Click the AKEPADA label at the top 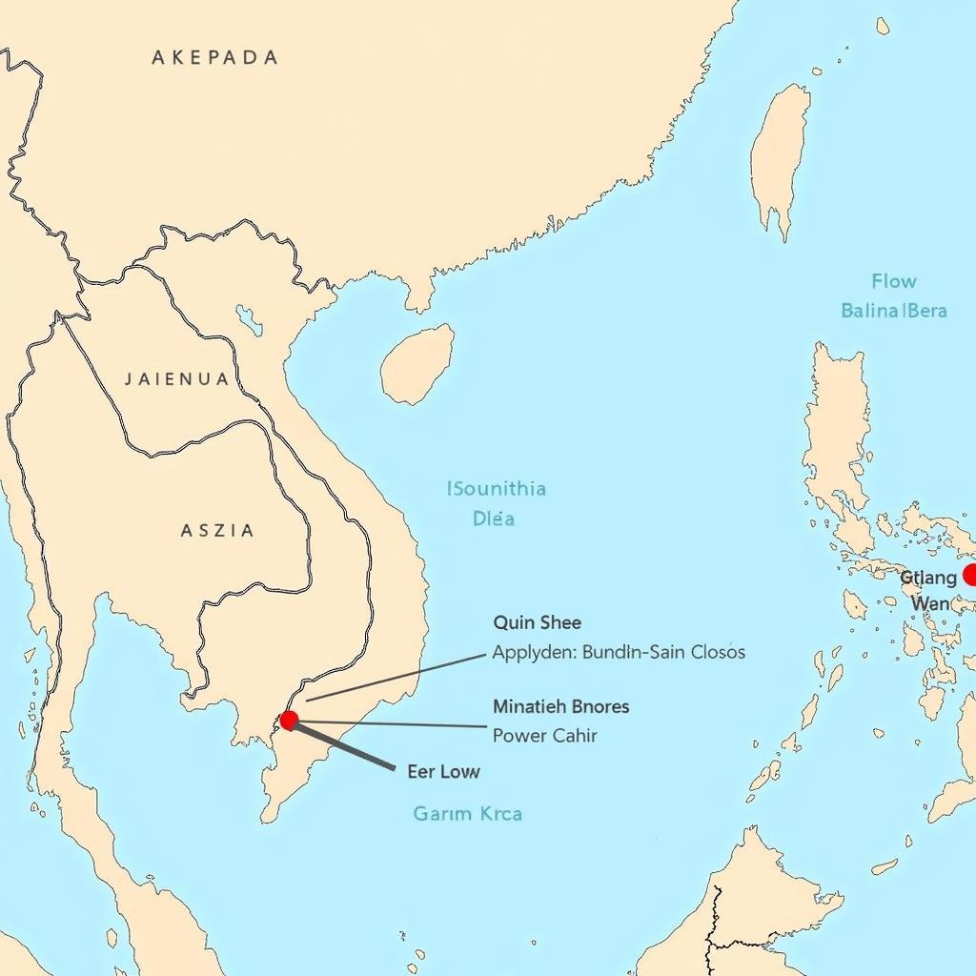(214, 57)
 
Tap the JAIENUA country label (177, 379)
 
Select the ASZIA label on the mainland (217, 530)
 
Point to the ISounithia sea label (497, 489)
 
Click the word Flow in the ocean (893, 281)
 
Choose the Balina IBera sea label (893, 311)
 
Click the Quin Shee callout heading (537, 622)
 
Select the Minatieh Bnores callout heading (560, 707)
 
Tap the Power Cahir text (545, 736)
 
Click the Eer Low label (443, 771)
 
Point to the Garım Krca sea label (467, 814)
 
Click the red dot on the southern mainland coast (289, 720)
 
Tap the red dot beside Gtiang (970, 575)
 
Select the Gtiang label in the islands (928, 577)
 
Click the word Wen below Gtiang (930, 603)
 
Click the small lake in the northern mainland (250, 320)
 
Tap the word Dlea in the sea (494, 518)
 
